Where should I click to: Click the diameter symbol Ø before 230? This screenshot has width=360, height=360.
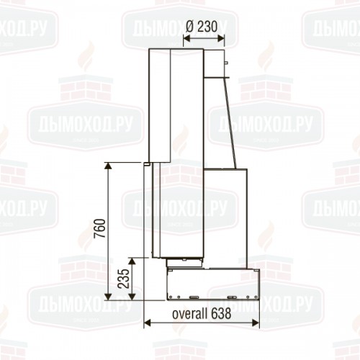[x=190, y=27]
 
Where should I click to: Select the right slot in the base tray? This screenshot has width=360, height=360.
[x=230, y=295]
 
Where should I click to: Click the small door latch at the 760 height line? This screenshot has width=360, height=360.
[x=146, y=165]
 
